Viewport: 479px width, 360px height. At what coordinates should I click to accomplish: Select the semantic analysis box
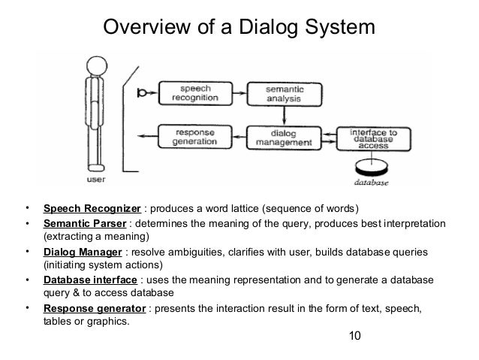285,93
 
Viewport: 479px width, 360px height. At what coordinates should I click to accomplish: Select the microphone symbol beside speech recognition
143,93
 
